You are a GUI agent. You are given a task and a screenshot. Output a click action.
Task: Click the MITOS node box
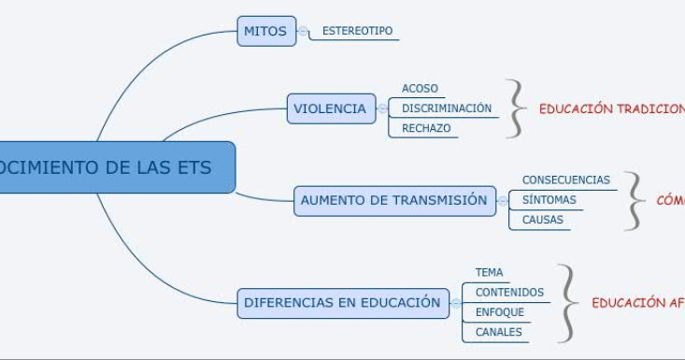click(x=265, y=31)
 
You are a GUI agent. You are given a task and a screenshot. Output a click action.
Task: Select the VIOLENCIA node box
click(x=330, y=108)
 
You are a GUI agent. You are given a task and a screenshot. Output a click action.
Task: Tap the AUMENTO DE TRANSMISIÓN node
click(x=393, y=200)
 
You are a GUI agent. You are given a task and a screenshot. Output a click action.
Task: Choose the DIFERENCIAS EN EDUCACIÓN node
click(x=341, y=303)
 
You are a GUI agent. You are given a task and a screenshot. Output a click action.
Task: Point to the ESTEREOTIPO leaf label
click(x=357, y=31)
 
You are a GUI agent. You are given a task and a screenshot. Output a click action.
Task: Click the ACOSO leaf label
click(x=420, y=89)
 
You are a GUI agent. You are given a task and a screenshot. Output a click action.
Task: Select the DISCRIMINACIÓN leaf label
click(x=446, y=108)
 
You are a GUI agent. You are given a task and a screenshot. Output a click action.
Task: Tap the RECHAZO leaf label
click(x=425, y=128)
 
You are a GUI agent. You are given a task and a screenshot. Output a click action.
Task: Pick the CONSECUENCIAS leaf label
click(x=565, y=180)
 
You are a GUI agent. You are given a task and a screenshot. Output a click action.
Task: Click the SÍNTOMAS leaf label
click(x=549, y=199)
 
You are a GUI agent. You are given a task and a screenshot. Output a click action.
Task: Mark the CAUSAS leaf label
click(x=542, y=220)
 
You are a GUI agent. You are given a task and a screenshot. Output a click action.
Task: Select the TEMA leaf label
click(x=489, y=273)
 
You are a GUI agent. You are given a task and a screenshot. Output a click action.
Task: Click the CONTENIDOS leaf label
click(x=508, y=293)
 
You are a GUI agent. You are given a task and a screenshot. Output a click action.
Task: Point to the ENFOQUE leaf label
click(x=499, y=312)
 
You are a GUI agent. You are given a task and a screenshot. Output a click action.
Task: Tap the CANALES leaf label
click(x=498, y=332)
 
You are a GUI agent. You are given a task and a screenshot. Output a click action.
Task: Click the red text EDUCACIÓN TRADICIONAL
click(x=611, y=108)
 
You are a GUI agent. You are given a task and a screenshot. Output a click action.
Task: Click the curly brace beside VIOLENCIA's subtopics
click(x=515, y=108)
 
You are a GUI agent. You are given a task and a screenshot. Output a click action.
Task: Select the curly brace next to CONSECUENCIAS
click(x=635, y=200)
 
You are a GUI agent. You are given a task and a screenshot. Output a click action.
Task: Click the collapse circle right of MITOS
click(x=303, y=31)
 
